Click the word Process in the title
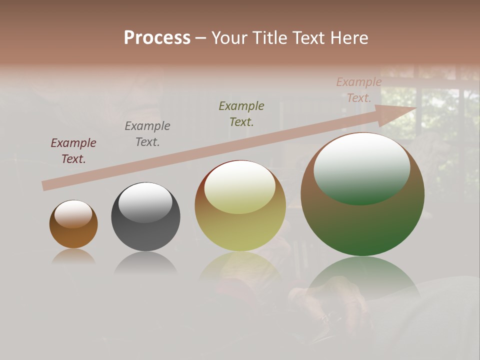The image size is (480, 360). pyautogui.click(x=157, y=38)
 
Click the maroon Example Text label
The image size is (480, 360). pyautogui.click(x=73, y=151)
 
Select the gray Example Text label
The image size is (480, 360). pyautogui.click(x=147, y=134)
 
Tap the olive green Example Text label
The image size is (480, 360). pyautogui.click(x=241, y=113)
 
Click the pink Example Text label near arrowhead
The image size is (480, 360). pyautogui.click(x=358, y=90)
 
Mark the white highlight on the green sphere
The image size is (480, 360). pyautogui.click(x=361, y=167)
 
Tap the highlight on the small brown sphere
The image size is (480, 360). pyautogui.click(x=73, y=214)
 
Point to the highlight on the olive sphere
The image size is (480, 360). pyautogui.click(x=239, y=186)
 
